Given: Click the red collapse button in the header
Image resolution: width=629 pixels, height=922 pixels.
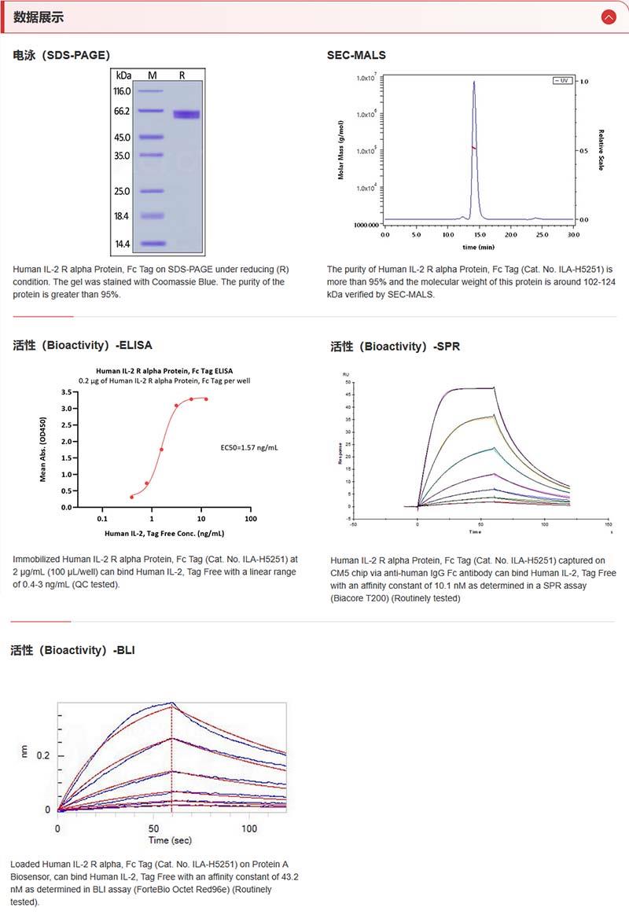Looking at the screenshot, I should [608, 17].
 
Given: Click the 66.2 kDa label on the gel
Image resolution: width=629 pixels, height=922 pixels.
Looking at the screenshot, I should [123, 112].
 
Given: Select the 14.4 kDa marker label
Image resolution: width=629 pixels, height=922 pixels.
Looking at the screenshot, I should [123, 244].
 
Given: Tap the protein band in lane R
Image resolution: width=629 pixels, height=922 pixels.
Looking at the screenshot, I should [186, 115].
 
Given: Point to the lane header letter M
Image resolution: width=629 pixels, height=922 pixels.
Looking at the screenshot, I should [153, 75].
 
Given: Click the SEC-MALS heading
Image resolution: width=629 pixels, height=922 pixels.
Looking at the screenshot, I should [356, 55].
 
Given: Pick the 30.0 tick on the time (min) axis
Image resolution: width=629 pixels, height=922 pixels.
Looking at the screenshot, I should [573, 234].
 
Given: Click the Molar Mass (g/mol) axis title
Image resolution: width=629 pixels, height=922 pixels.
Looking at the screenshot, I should [341, 149].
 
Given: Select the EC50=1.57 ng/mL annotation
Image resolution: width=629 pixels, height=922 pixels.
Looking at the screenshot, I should [249, 447].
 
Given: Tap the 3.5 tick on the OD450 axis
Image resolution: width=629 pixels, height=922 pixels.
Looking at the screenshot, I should [67, 391].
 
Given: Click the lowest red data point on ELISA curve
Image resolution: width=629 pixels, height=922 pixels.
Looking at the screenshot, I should [132, 497].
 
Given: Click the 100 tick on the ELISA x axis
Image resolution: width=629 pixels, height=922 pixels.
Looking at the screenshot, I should [251, 519].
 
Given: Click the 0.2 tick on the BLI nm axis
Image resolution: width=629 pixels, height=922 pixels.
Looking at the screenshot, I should [44, 755].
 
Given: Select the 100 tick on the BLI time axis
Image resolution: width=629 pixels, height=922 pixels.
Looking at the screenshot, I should [249, 829].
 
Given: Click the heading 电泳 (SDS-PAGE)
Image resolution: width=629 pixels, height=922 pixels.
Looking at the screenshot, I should [61, 55].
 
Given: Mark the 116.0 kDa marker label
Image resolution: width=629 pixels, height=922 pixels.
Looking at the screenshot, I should [123, 91].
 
